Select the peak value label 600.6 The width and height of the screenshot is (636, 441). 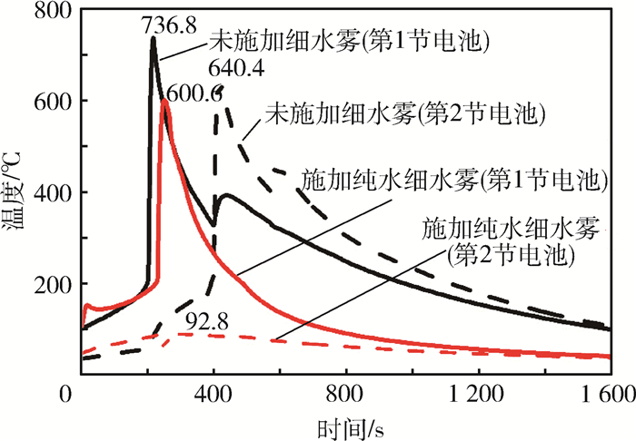pos(194,93)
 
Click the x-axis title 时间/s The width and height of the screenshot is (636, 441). pos(347,426)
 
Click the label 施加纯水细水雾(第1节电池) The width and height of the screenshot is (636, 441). pos(452,178)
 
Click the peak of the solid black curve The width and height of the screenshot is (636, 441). pos(153,38)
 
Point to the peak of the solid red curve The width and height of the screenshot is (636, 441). pos(164,100)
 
